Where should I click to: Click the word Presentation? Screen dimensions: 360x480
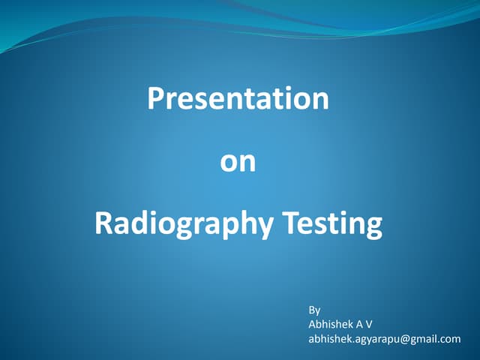pos(238,99)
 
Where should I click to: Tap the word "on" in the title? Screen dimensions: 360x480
pos(238,162)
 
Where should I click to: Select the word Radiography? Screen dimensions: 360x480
pos(183,223)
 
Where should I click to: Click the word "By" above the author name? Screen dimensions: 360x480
pos(314,309)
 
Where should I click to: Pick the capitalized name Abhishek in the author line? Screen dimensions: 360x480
pos(330,324)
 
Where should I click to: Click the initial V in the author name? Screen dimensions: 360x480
pos(369,324)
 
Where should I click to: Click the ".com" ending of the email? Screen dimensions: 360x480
pos(450,339)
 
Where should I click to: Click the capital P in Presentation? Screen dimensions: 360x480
pos(154,99)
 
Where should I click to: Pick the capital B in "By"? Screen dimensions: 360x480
pos(312,309)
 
